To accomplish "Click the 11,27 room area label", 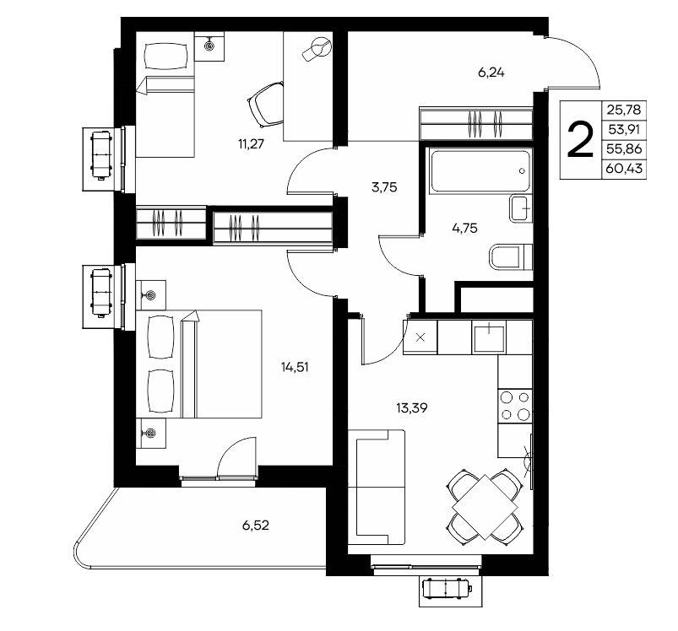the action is click(x=251, y=143).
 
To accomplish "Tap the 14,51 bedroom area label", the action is click(x=295, y=367).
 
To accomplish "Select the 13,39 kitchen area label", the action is click(x=412, y=407).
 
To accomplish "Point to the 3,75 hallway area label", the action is click(x=384, y=187).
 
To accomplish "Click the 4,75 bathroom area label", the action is click(x=465, y=228).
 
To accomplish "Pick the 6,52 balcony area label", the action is click(x=256, y=526).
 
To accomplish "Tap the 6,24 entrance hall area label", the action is click(x=491, y=73).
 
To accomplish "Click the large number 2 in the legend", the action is click(x=580, y=140).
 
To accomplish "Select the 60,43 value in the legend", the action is click(x=624, y=169).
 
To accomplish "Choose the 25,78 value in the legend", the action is click(x=624, y=110).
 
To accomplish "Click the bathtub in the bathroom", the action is click(x=480, y=171).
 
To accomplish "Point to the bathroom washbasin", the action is click(x=521, y=208).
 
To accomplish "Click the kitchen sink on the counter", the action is click(x=489, y=337).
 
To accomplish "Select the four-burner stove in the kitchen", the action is click(x=515, y=406).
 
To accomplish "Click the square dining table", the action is click(x=485, y=507).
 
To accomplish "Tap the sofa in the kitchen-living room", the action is click(x=377, y=488).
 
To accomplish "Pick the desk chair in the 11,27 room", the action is click(x=266, y=104).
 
